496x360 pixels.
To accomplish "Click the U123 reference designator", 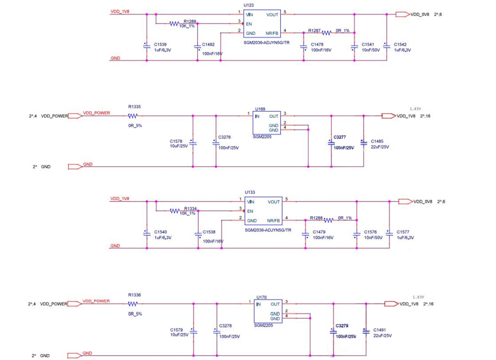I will coord(248,5).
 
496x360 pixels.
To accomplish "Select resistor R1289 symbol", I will coord(174,23).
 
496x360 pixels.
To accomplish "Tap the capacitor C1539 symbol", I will coord(146,45).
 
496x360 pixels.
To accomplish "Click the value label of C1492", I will coord(212,53).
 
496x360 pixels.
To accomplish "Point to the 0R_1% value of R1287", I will coord(343,31).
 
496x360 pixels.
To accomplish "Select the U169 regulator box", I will coord(266,122).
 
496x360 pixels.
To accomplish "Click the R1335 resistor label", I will coord(134,107).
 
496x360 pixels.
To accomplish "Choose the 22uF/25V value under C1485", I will coord(379,147).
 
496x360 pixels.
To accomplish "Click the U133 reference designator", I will coord(250,191).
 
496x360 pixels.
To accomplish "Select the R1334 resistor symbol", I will coord(175,211).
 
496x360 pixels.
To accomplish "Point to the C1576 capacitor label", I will coord(371,232).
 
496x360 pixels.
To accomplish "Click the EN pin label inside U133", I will coord(250,211).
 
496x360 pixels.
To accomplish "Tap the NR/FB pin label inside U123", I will coord(273,33).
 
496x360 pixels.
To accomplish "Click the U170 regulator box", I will coord(267,310).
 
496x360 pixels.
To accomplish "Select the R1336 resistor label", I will coord(134,295).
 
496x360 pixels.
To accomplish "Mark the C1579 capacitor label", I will coord(176,330).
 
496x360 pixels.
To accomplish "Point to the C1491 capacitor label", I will coord(380,330).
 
